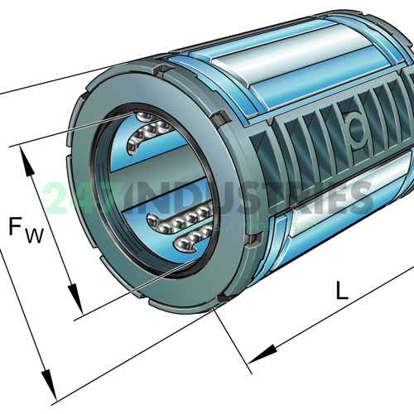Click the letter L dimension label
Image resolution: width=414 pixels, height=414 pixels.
342,290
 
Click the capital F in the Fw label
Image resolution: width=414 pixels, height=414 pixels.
18,226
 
